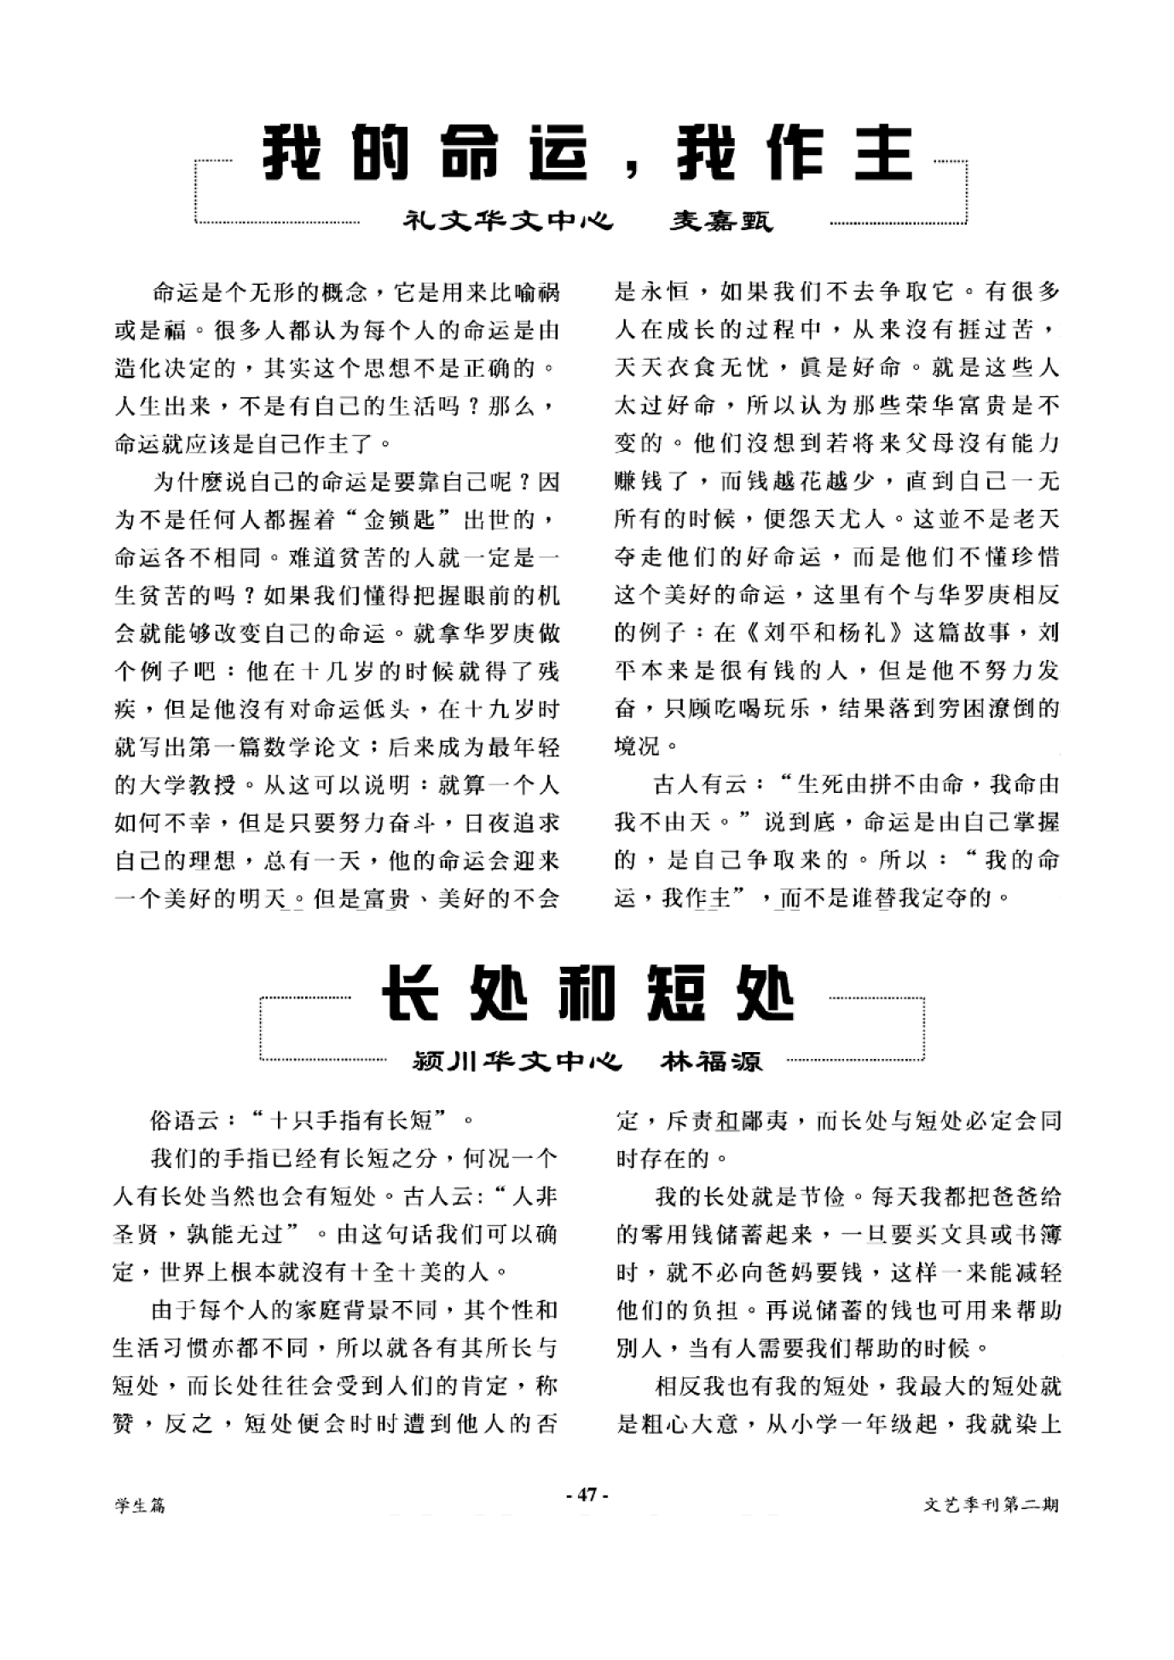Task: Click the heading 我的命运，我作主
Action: coord(587,153)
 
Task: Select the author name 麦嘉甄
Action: coord(720,221)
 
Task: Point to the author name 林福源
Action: coord(711,1061)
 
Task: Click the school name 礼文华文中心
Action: coord(508,221)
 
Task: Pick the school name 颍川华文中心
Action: coord(517,1061)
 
